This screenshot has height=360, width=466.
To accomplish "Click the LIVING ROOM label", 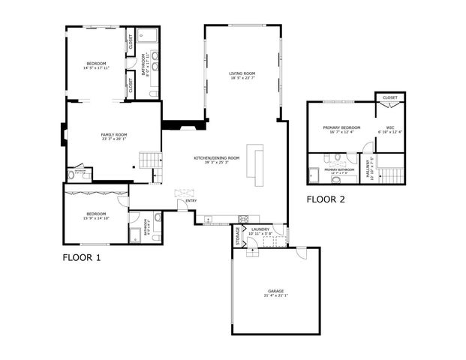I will pos(242,73).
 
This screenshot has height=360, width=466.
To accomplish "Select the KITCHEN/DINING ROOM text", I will pos(216,157).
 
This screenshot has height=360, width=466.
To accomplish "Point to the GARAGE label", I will pos(276,290).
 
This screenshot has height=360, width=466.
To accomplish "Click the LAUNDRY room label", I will pos(260,229).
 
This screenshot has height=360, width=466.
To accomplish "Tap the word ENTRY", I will pos(191,200).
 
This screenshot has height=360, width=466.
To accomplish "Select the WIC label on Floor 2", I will pos(390,127).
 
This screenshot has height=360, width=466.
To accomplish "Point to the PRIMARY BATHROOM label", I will pos(339,169).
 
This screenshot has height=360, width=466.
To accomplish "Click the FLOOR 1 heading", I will pos(81,257).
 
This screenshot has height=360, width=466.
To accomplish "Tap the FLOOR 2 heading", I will pos(326,199).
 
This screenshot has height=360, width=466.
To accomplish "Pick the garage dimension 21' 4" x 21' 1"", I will pos(276,295).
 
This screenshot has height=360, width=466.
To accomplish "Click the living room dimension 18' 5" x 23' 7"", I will pos(242,78).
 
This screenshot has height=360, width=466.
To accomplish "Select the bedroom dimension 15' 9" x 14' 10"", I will pos(96,218).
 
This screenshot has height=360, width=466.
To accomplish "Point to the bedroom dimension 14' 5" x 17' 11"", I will pos(96,68).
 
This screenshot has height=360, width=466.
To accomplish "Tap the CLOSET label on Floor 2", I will pos(390,97).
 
